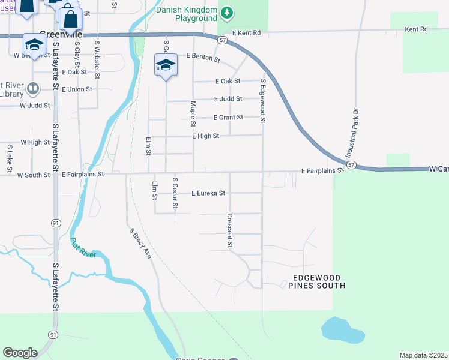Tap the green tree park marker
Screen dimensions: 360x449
coord(226,13)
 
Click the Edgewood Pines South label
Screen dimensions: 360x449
coord(318,281)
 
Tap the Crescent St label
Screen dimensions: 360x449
coord(229,230)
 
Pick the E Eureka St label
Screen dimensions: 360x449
coord(208,193)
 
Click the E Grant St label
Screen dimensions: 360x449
coord(228,118)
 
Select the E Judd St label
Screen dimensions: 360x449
coord(228,99)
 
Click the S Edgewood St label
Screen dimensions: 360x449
coord(262,100)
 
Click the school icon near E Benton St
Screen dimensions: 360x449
coord(166,65)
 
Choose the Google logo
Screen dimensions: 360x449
coord(20,353)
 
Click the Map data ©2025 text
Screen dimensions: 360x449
coord(423,355)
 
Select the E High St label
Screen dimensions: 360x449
coord(205,136)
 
